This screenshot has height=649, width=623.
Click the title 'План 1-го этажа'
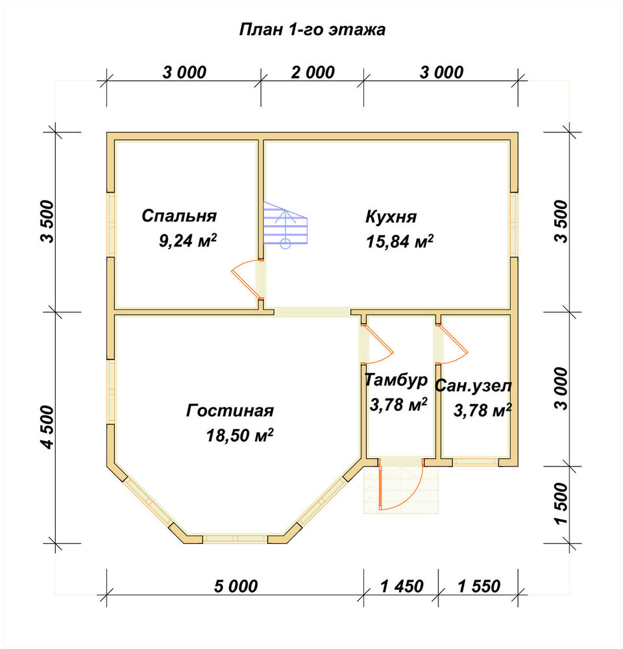[x=312, y=30]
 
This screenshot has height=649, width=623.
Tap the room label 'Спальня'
[x=179, y=216]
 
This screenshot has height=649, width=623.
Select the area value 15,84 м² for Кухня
[x=400, y=241]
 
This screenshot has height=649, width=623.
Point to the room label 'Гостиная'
[x=230, y=411]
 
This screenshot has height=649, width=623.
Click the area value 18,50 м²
[x=239, y=435]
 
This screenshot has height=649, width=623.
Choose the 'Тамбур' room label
[x=396, y=380]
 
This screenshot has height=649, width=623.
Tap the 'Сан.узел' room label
[x=473, y=386]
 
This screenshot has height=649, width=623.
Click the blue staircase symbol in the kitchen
[x=286, y=225]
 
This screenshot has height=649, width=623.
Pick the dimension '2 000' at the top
[x=313, y=73]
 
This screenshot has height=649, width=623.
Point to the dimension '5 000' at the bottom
[x=236, y=586]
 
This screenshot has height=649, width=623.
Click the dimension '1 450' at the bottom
[x=402, y=586]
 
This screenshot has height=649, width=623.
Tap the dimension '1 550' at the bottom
[x=479, y=586]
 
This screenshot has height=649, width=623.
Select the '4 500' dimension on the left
[x=48, y=427]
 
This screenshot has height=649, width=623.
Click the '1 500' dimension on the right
[x=562, y=504]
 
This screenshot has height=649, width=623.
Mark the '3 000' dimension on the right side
[x=562, y=388]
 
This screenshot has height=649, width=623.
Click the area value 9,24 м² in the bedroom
[x=188, y=241]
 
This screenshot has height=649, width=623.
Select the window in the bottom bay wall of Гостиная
[x=235, y=539]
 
